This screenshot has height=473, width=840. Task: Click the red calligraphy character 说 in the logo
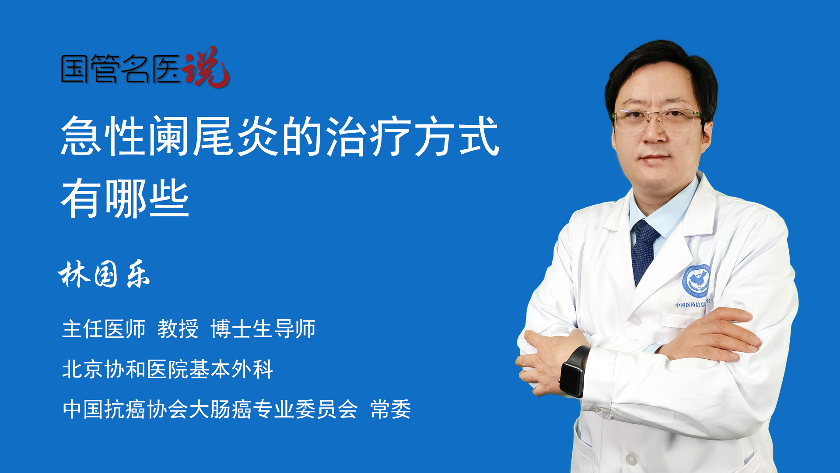(x=206, y=67)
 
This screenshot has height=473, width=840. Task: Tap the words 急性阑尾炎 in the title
(x=170, y=136)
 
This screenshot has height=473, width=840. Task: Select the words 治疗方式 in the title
(x=413, y=136)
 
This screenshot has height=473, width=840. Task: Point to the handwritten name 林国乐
(x=104, y=274)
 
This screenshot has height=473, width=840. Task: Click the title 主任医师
(x=104, y=328)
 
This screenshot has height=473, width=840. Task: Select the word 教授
(x=178, y=328)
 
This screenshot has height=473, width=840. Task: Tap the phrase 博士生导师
(x=263, y=328)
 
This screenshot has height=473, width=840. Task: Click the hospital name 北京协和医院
(x=125, y=369)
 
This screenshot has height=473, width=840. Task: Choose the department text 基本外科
(x=231, y=369)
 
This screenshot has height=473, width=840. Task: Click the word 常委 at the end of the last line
(x=391, y=409)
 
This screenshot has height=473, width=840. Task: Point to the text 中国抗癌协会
(x=125, y=409)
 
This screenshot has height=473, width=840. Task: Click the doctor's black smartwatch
(x=574, y=371)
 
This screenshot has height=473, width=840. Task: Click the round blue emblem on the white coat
(x=696, y=281)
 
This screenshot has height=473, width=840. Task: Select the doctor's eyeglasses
(x=656, y=119)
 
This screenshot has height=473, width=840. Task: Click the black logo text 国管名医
(x=121, y=69)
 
